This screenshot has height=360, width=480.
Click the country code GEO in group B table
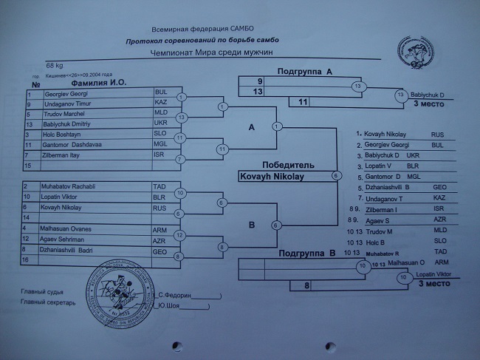(160, 251)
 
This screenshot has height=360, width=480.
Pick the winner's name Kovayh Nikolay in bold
(272, 177)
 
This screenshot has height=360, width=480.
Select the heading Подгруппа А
(306, 71)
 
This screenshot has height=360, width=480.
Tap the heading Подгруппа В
(308, 254)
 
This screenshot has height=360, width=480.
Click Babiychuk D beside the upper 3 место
(427, 95)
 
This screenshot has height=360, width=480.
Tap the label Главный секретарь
(49, 302)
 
